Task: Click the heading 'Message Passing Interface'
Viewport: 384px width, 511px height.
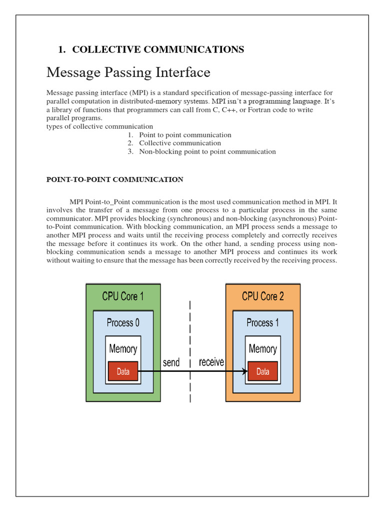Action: coord(128,72)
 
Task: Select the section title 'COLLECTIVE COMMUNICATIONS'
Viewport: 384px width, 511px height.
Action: coord(158,49)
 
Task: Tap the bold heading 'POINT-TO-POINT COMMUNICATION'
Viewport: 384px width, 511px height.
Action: coord(114,180)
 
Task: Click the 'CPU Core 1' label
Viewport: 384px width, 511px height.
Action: coord(123,296)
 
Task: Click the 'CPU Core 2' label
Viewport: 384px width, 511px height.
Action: coord(263,296)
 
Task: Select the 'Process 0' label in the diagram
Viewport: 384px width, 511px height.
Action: coord(123,323)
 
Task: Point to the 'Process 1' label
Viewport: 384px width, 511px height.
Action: coord(263,323)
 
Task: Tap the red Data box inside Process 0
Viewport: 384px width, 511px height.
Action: coord(123,372)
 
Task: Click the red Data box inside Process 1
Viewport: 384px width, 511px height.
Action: coord(263,372)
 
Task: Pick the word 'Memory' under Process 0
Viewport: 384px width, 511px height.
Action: coord(123,349)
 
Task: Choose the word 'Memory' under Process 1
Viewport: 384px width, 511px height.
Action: coord(263,349)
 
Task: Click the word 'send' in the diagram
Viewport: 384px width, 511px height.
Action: coord(171,362)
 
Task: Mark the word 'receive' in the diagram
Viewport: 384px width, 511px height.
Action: coord(211,362)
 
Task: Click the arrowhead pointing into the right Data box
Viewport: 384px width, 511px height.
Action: coord(245,371)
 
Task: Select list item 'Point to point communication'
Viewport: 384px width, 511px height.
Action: coord(185,135)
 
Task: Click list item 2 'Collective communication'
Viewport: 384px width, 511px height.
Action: coord(180,143)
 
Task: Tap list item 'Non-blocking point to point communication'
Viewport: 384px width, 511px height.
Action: coord(207,152)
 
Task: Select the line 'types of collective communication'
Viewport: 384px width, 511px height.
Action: coord(99,126)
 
